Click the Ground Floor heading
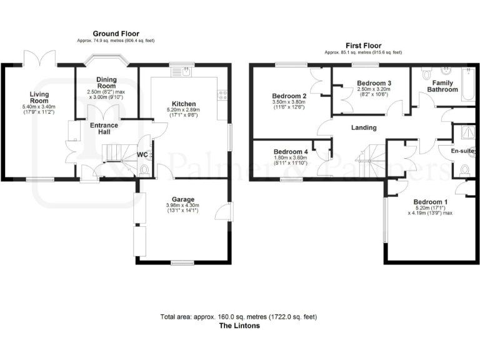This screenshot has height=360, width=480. pos(116,33)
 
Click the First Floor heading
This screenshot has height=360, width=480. pos(364,46)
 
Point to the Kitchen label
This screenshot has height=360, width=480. pos(184,104)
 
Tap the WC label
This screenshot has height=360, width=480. pos(142,154)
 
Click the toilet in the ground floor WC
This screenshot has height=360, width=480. pos(145,168)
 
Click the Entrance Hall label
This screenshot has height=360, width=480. pos(104,129)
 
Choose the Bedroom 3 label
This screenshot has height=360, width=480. pos(374,83)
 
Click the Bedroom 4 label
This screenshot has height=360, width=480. pos(291,152)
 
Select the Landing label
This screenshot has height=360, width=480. pos(364,127)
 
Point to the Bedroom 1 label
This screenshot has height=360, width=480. pos(430,202)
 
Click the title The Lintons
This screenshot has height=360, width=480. pos(239,326)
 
